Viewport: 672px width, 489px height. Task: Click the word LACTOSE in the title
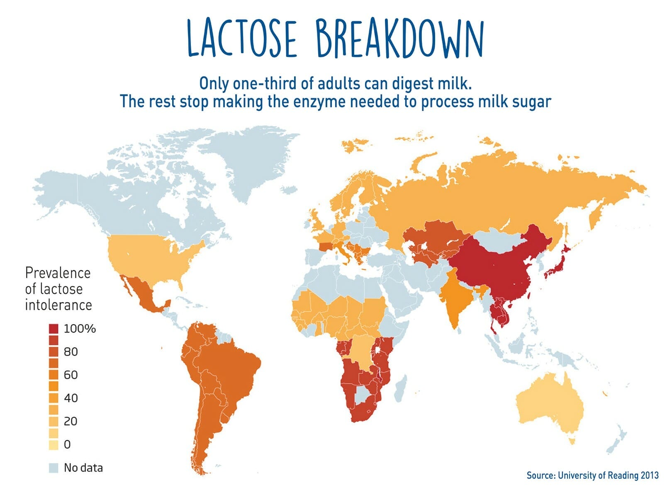[242, 38]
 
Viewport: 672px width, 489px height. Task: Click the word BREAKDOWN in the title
[399, 38]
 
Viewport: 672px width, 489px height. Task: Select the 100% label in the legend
[80, 329]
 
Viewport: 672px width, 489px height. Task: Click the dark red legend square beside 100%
[54, 329]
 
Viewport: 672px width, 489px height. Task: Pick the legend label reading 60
[71, 375]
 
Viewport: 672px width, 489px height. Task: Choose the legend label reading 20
[71, 421]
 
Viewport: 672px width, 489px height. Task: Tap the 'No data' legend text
[83, 468]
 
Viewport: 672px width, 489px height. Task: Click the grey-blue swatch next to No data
[54, 468]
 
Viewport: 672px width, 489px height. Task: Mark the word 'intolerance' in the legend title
[58, 305]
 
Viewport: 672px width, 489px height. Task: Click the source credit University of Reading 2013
[592, 475]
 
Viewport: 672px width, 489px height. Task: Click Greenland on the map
[249, 162]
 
